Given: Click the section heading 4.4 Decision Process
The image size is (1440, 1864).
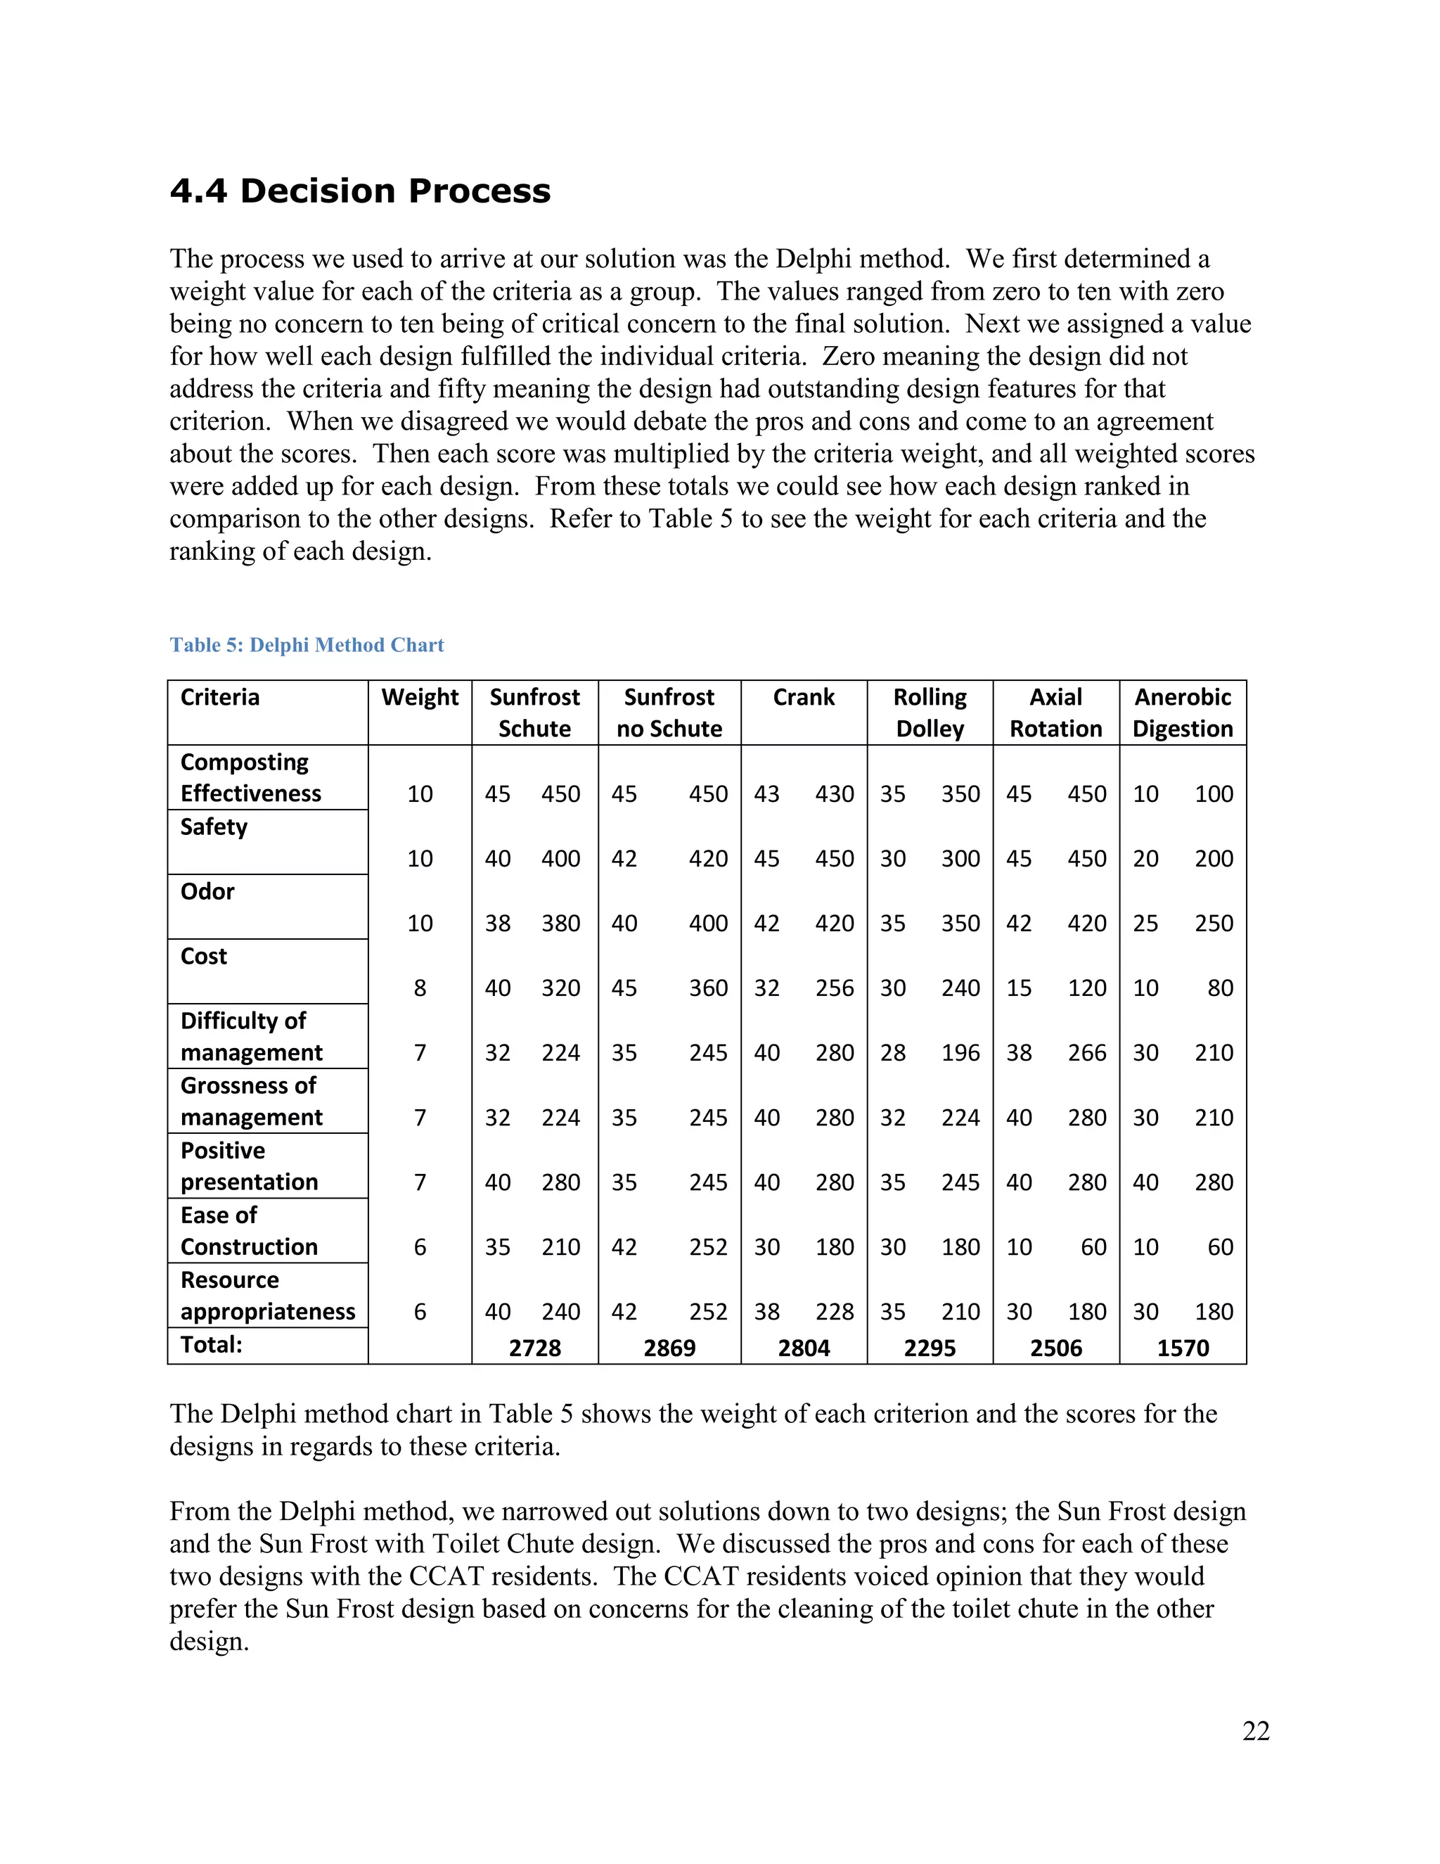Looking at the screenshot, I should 360,191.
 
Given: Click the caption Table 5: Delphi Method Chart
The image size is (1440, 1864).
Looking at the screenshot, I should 307,645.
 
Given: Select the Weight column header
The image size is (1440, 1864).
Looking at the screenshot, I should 420,697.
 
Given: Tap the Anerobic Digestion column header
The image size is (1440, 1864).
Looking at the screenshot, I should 1183,713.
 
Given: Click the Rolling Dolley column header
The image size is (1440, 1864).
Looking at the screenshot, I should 930,713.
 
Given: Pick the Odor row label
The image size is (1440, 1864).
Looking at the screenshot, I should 207,892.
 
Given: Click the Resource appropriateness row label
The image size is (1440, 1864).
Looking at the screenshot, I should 267,1296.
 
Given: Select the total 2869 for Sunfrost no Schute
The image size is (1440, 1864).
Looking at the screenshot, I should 669,1348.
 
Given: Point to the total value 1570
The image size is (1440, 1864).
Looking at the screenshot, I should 1183,1348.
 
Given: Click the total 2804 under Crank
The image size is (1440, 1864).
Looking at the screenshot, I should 804,1348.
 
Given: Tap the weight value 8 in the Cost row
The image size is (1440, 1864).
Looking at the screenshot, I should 420,988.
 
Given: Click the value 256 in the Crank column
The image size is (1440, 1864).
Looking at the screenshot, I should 835,988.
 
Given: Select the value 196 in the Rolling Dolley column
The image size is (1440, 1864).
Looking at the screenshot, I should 960,1053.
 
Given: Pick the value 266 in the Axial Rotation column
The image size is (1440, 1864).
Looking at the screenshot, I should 1087,1053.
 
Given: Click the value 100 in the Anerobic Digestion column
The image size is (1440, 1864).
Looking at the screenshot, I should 1214,795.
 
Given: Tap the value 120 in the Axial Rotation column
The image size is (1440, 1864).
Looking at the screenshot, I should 1087,988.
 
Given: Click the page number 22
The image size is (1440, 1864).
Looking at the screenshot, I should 1256,1731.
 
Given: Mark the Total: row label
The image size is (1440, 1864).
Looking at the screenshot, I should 212,1345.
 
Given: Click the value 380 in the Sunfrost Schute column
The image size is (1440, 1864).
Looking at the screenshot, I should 560,924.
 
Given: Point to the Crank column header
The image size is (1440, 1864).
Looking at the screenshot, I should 804,697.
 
